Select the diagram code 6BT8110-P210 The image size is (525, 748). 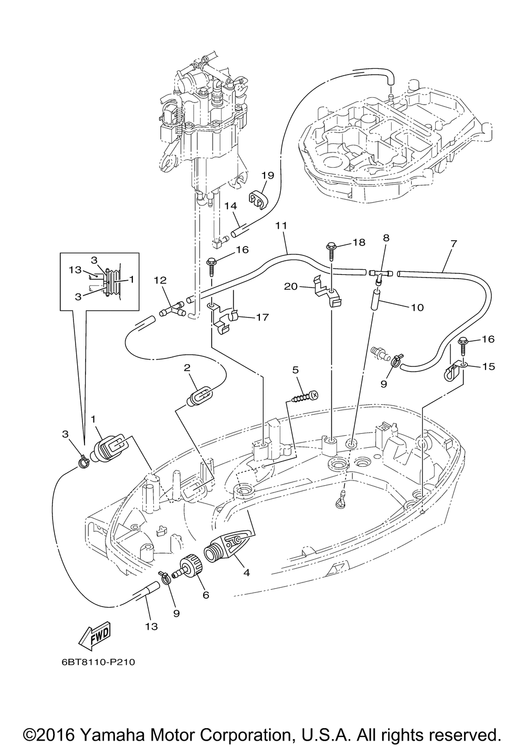point(97,662)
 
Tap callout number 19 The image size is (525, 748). point(268,175)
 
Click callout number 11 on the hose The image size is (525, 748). point(281,226)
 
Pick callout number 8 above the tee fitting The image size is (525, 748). point(386,238)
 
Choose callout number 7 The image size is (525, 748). point(453,243)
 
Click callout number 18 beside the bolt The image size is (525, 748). point(359,242)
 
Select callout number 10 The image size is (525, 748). point(417,307)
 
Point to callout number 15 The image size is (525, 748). point(488,366)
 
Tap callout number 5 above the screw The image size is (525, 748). point(296,370)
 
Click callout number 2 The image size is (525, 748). point(186,368)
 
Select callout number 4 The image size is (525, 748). point(246,573)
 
